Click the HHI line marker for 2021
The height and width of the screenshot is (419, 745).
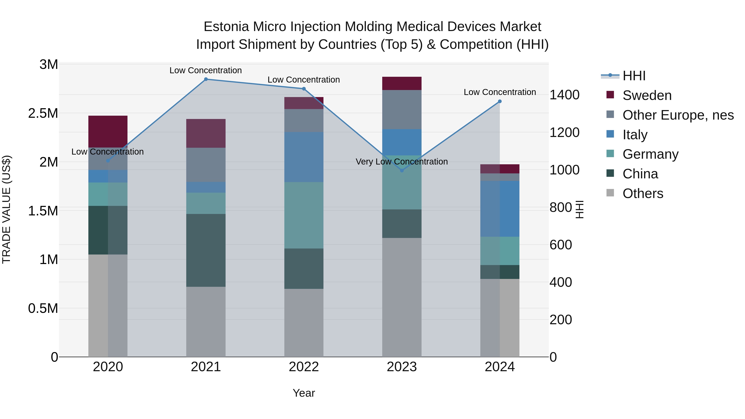coord(206,79)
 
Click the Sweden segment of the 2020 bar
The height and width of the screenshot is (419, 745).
coord(108,132)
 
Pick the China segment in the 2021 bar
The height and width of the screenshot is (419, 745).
coord(206,250)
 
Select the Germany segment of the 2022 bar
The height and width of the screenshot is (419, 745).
coord(304,215)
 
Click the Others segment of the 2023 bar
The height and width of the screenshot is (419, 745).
coord(402,297)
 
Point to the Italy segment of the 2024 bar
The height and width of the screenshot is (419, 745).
coord(500,209)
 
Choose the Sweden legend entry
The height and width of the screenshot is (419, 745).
coord(647,95)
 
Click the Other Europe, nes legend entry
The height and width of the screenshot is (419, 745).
coord(678,115)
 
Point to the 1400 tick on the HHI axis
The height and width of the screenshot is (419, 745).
coord(564,95)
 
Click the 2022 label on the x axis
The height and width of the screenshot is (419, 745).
coord(304,367)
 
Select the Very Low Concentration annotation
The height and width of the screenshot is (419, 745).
coord(402,162)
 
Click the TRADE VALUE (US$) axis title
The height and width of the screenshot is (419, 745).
coord(6,209)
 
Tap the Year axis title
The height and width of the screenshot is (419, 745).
coord(304,393)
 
